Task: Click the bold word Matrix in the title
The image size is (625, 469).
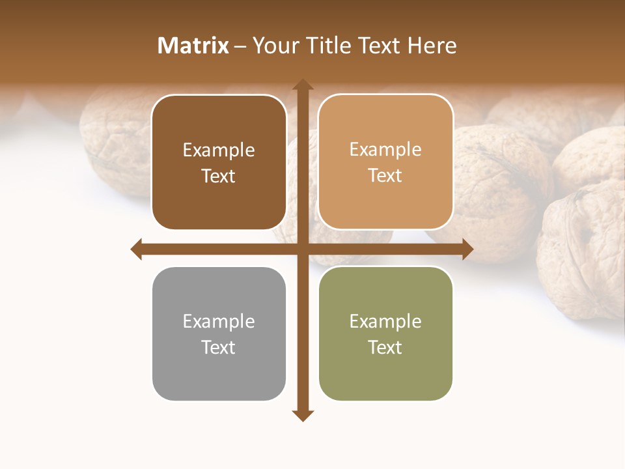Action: click(193, 46)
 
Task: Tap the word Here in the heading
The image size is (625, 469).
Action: click(432, 46)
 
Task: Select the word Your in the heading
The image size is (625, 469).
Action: click(275, 46)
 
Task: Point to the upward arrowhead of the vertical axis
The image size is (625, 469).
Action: click(301, 85)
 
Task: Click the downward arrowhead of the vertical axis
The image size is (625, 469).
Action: click(301, 415)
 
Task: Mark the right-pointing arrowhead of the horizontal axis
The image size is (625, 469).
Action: click(467, 249)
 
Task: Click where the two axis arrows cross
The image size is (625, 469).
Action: click(301, 249)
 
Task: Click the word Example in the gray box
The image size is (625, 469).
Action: click(219, 321)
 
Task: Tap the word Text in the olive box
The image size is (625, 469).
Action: click(385, 347)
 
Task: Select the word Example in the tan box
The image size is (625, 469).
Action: click(385, 150)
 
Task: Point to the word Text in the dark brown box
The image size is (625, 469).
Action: click(219, 176)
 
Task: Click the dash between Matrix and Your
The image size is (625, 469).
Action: click(240, 46)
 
